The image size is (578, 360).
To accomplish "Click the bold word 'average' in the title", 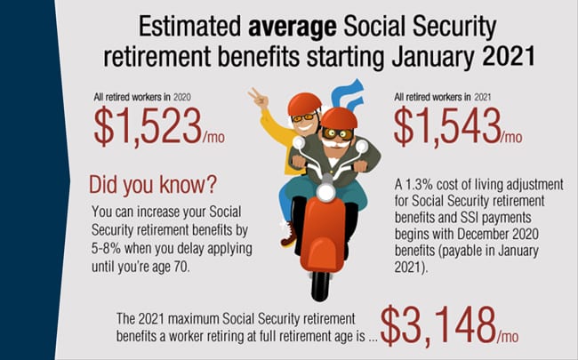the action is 292,28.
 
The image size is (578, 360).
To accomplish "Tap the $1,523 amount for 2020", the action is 148,126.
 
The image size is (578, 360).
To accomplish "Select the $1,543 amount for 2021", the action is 447,126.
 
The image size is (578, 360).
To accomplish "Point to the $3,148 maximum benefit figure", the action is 438,325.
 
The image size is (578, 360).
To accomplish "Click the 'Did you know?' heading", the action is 153,185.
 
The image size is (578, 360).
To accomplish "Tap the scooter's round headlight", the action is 325,192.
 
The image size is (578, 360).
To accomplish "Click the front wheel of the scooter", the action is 320,285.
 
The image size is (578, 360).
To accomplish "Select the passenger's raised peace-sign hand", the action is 259,99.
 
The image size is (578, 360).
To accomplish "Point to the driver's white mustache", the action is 334,143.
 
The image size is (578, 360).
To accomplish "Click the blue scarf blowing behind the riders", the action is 347,94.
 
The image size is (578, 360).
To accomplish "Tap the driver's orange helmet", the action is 339,118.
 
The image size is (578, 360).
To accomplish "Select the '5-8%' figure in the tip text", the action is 106,248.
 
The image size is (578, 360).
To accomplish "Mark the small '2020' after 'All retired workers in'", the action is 182,97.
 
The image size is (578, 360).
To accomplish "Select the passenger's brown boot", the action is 289,235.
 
